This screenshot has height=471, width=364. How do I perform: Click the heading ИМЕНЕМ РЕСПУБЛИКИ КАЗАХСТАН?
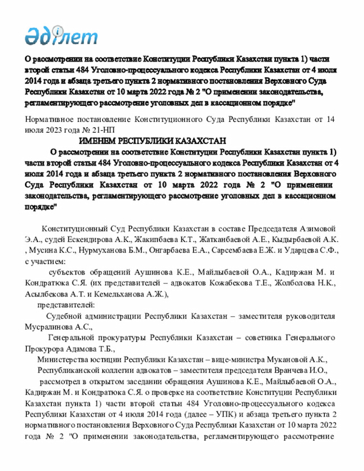pyautogui.click(x=152, y=141)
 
